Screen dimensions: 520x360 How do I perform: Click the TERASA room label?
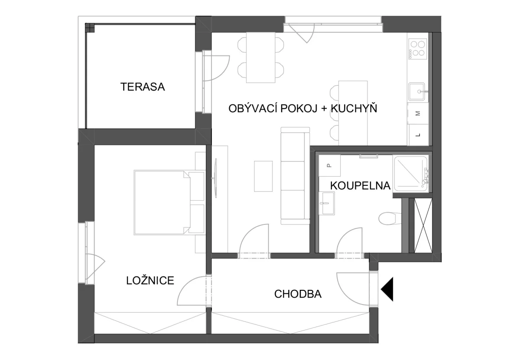tap(143, 87)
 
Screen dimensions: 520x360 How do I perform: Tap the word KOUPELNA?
tap(360, 186)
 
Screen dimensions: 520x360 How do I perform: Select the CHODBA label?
tap(298, 294)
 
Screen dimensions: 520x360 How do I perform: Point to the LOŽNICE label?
tap(150, 280)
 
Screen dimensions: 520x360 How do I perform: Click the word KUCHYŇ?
tap(354, 108)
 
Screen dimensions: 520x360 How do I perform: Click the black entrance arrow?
tap(387, 289)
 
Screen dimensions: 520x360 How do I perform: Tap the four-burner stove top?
tap(418, 49)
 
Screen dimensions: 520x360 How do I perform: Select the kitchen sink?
tap(417, 92)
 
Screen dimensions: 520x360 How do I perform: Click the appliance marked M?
tap(418, 114)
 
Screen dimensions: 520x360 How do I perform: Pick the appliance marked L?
tap(418, 135)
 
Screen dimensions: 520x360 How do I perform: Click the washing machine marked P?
tap(329, 165)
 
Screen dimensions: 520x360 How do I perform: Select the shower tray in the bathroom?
tap(411, 174)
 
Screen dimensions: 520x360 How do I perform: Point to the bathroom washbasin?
tap(327, 203)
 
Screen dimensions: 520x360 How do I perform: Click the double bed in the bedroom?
tap(169, 203)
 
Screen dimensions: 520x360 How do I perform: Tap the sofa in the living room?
tap(295, 176)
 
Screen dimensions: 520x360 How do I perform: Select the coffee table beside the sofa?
tap(263, 176)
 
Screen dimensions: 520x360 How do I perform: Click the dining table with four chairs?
tap(261, 58)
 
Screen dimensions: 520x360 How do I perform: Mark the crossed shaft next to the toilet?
tap(423, 225)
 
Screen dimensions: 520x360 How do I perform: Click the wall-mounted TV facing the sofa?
tap(216, 178)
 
